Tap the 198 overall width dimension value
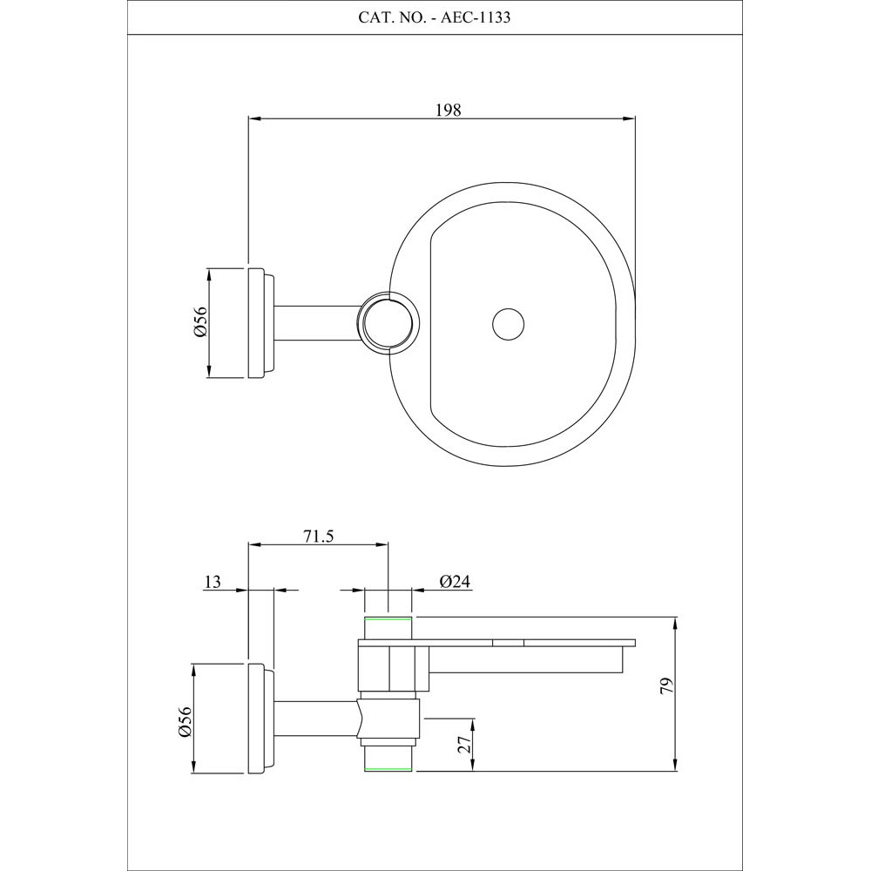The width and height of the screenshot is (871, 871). coord(448,110)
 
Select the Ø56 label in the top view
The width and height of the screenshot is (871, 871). coord(199,323)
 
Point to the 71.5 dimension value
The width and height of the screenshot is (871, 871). coord(318,537)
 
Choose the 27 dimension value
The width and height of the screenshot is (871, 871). coord(464,745)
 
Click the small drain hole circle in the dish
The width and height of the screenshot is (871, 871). coord(508,323)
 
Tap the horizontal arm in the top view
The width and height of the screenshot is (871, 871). coord(318,323)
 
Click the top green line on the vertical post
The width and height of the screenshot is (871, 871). coord(387,618)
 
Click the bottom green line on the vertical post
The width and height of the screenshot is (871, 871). coord(387,770)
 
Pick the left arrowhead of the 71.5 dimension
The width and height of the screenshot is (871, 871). coord(255,546)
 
